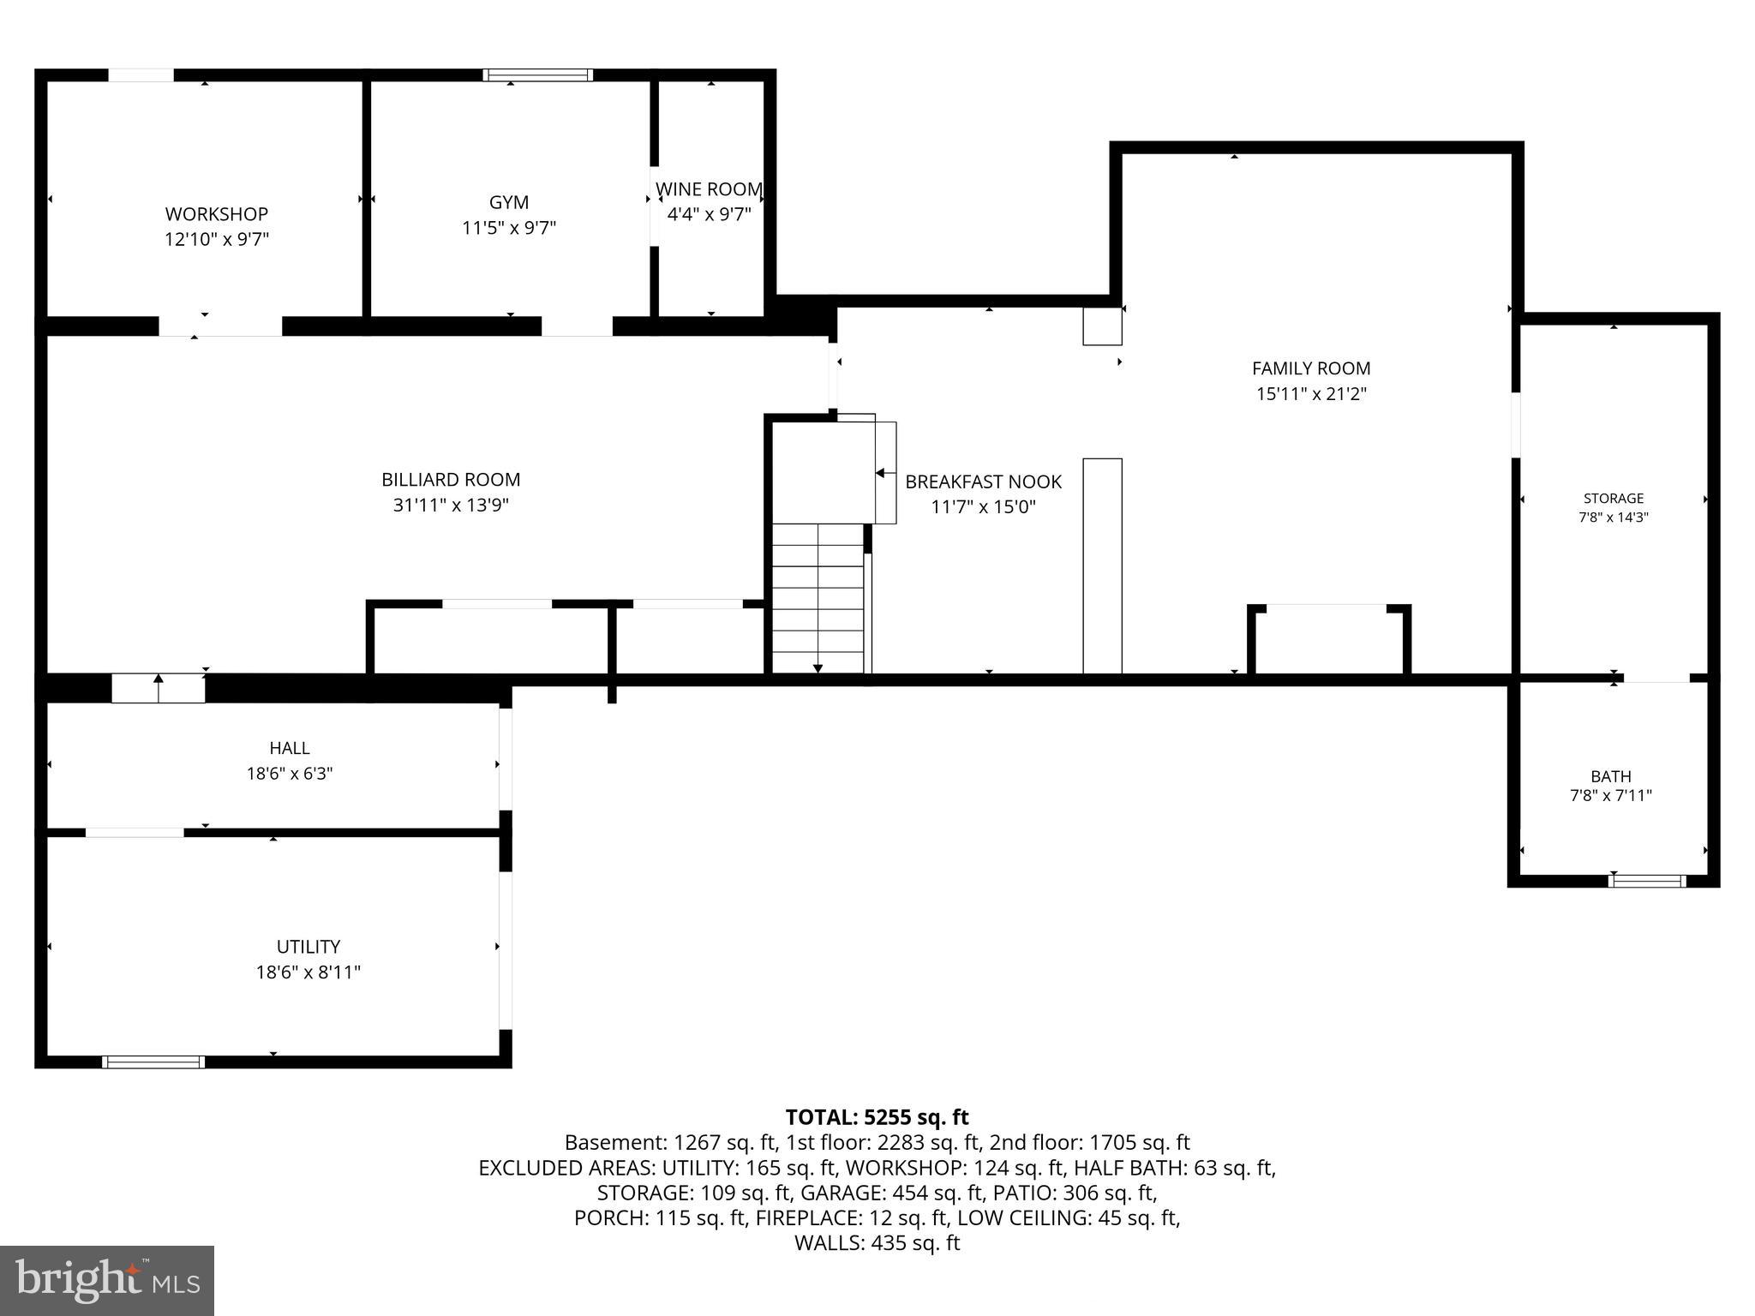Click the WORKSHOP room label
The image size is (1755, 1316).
tap(216, 213)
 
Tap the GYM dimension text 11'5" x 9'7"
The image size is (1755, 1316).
tap(509, 228)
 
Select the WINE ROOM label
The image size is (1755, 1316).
tap(709, 188)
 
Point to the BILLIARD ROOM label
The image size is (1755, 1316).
tap(451, 480)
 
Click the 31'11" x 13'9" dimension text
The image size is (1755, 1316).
tap(451, 505)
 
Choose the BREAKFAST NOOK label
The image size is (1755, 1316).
tap(983, 482)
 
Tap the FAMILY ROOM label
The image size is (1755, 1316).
tap(1310, 368)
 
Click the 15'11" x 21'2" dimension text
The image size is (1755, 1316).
tap(1310, 394)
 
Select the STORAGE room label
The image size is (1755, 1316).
tap(1613, 499)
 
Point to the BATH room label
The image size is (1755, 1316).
tap(1610, 776)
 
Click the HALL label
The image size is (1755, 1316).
tap(290, 748)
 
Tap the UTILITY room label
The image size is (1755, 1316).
tap(308, 947)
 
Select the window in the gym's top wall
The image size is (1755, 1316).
tap(537, 75)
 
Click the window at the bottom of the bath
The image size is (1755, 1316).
tap(1646, 881)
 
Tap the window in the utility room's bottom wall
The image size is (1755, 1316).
tap(153, 1062)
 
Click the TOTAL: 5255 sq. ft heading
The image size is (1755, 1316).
tap(877, 1117)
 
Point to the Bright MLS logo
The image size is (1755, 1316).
tap(107, 1280)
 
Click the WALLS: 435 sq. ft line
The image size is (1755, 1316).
tap(877, 1243)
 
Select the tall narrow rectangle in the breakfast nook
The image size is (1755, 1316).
tap(1102, 565)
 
